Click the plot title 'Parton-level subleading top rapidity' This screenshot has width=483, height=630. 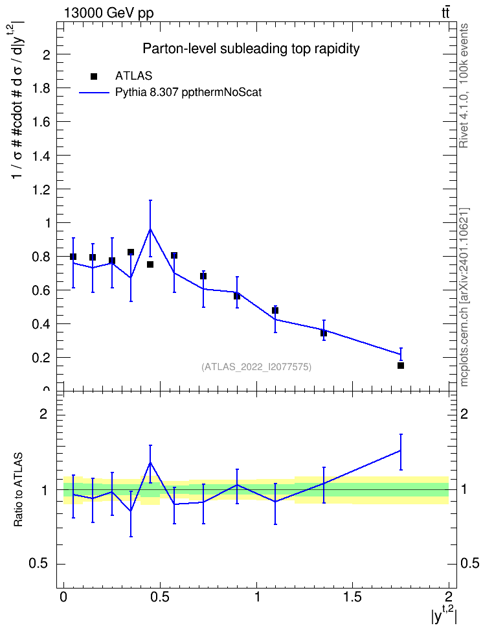(x=251, y=49)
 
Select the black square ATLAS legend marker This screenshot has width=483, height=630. (x=94, y=76)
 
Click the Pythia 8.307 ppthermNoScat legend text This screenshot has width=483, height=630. (x=188, y=93)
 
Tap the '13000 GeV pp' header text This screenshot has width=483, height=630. (x=109, y=13)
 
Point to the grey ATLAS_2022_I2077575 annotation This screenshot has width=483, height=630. (x=256, y=367)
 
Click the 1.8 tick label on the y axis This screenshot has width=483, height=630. (x=41, y=88)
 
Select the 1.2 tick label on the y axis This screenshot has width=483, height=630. (x=41, y=189)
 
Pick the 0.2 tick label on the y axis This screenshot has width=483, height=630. (x=41, y=358)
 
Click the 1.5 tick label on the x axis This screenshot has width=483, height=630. (x=352, y=596)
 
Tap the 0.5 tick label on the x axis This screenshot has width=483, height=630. (x=160, y=596)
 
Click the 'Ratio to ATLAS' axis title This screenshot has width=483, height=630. (x=18, y=490)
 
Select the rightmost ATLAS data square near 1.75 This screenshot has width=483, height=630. (x=401, y=366)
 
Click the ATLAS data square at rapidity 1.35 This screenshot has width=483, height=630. (x=324, y=333)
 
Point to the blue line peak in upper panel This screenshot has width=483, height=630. (x=150, y=229)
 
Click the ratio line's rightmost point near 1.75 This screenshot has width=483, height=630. (x=401, y=450)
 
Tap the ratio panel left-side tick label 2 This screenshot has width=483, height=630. (x=44, y=414)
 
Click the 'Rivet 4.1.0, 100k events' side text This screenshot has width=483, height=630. (x=464, y=86)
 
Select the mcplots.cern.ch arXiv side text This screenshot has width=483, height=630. (x=464, y=297)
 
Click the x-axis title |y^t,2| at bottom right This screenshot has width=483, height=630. (x=444, y=614)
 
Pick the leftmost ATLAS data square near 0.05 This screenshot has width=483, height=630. (x=73, y=257)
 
